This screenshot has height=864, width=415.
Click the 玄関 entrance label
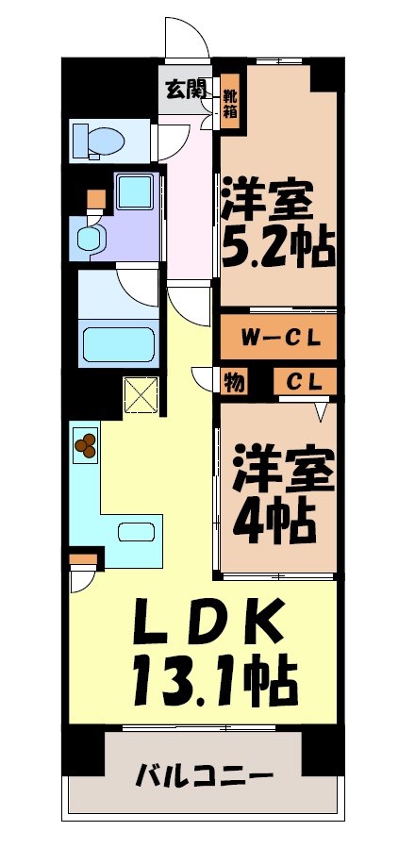(x=186, y=91)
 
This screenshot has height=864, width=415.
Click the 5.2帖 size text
(x=276, y=246)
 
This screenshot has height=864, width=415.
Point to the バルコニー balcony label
(x=204, y=778)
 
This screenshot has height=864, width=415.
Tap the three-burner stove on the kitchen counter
(x=86, y=444)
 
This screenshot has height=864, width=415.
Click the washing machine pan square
(x=135, y=192)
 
